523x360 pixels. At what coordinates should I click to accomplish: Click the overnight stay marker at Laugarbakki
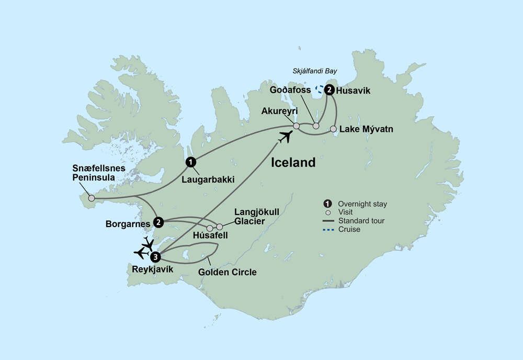191,162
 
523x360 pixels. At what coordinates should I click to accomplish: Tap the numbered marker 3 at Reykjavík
155,257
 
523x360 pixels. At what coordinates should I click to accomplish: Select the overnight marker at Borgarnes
158,222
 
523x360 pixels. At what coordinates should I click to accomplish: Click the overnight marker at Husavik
329,90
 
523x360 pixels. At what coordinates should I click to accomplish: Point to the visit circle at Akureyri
296,126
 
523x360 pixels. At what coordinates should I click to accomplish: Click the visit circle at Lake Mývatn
333,129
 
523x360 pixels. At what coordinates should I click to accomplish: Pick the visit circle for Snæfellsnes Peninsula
92,198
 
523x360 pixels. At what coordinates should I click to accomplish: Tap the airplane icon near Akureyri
286,138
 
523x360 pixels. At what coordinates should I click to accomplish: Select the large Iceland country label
293,163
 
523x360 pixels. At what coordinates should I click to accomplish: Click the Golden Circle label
228,272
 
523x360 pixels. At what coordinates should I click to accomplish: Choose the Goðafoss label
291,91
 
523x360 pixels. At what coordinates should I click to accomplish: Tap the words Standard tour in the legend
361,221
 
